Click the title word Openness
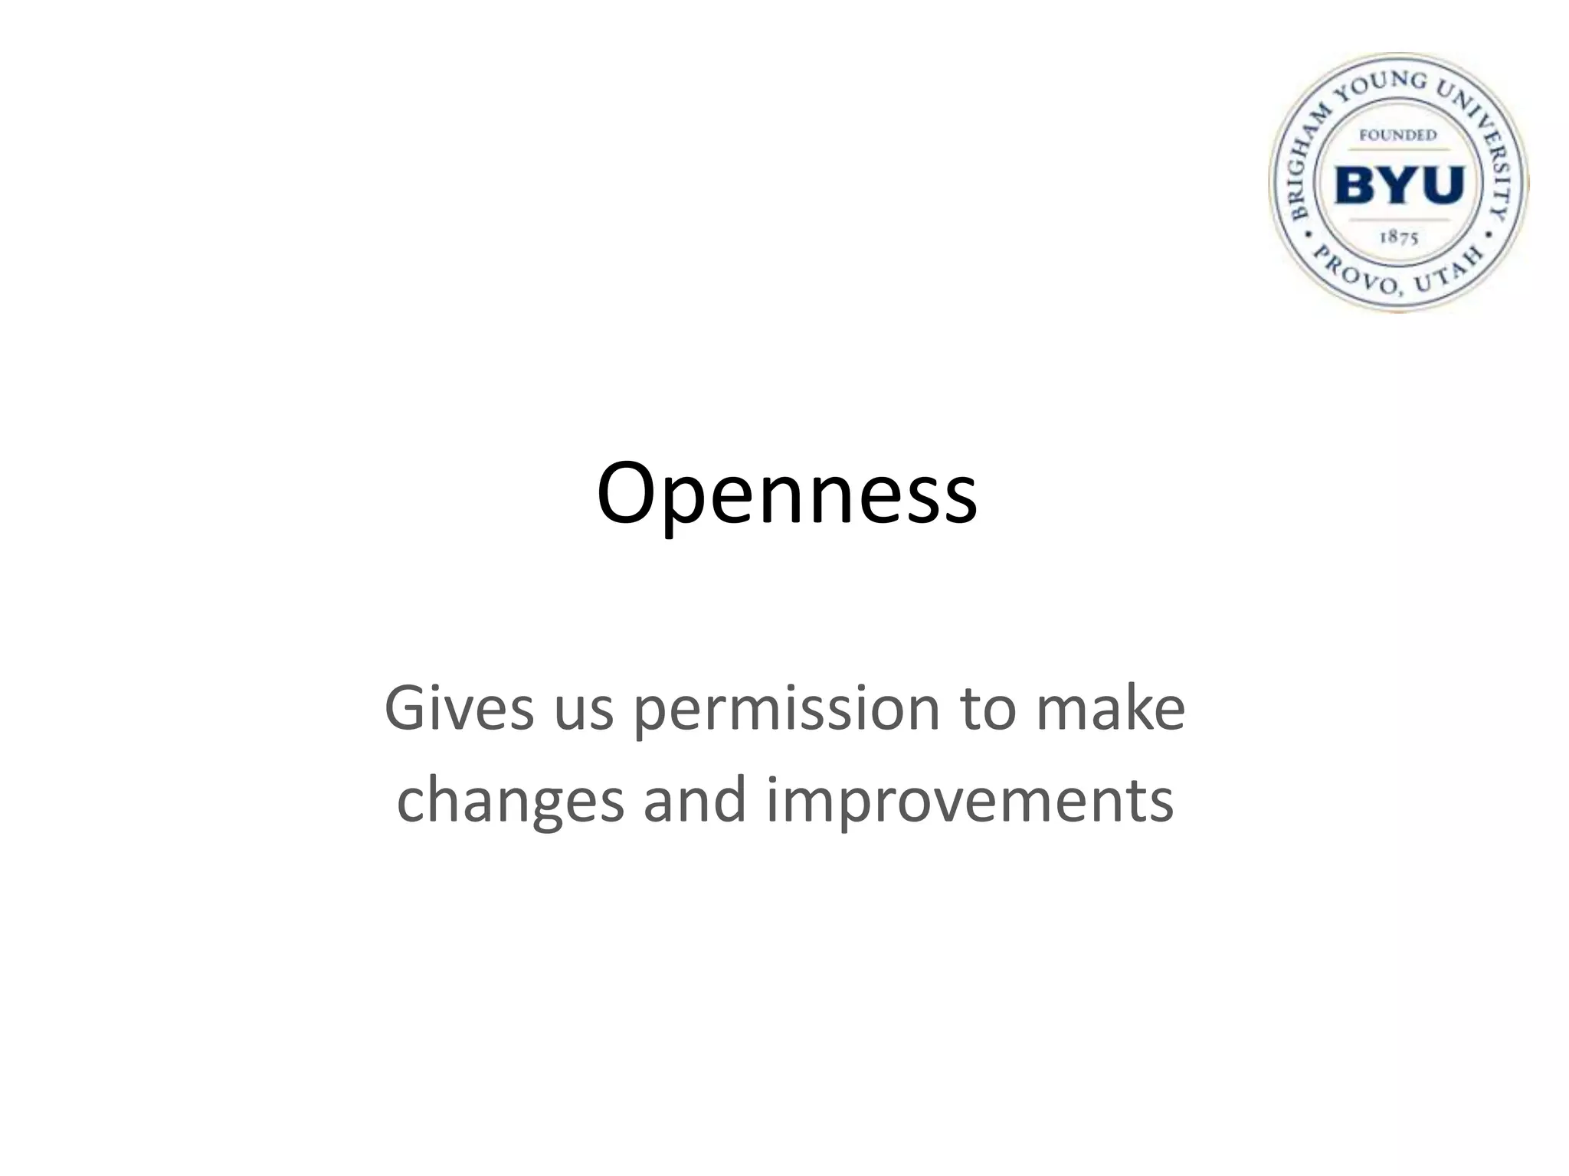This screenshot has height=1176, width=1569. [x=786, y=494]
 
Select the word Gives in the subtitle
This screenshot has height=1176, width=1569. [x=458, y=708]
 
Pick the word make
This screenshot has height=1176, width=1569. [x=1110, y=708]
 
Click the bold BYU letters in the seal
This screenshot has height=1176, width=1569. [x=1399, y=185]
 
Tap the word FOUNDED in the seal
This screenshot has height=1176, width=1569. [x=1397, y=136]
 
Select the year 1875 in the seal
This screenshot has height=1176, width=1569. [x=1399, y=237]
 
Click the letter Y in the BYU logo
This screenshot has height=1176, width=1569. [x=1399, y=185]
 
